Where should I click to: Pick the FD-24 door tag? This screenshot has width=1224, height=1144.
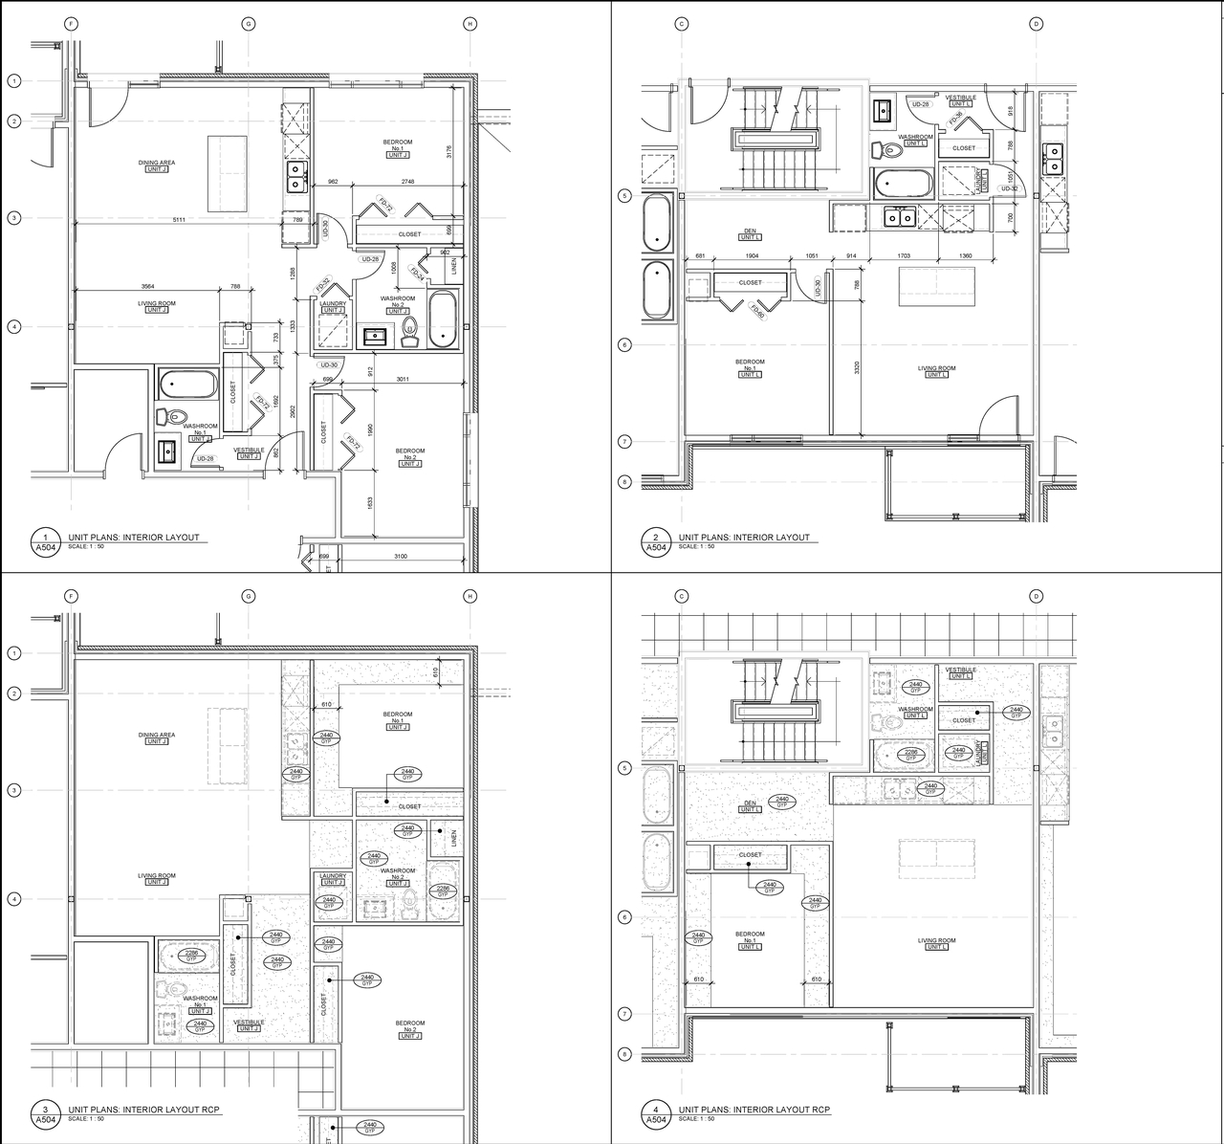418,274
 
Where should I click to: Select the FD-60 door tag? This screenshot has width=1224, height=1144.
757,311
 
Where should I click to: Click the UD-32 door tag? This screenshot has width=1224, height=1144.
1009,188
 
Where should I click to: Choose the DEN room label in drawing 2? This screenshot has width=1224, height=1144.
750,231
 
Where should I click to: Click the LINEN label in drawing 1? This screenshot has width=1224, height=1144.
454,265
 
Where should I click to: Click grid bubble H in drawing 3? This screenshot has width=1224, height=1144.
470,596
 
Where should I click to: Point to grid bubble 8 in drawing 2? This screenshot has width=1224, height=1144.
624,481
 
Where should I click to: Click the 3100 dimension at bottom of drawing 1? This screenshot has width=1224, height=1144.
400,556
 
